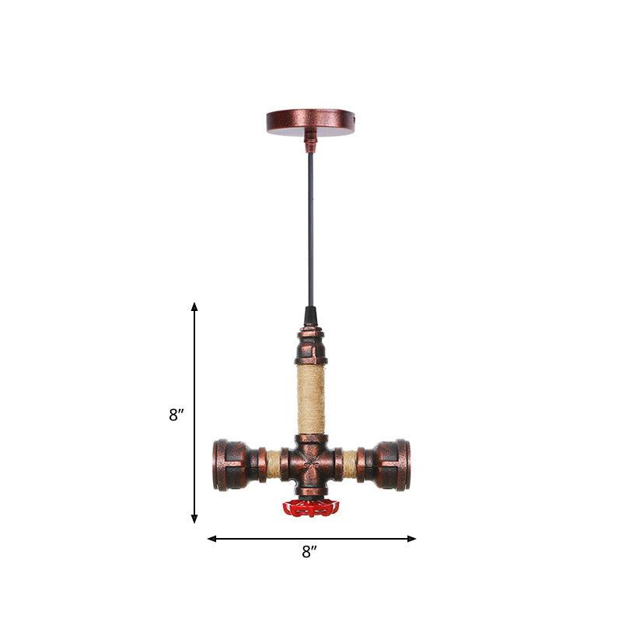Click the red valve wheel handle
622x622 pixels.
pos(311,508)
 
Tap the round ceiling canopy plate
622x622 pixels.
pos(310,121)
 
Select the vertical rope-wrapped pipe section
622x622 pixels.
pos(311,400)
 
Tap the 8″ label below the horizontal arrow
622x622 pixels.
pos(310,553)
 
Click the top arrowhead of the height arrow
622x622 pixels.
pos(194,307)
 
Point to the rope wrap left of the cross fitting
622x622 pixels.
pos(274,464)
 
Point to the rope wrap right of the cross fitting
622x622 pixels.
pos(349,464)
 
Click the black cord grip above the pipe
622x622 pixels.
pos(311,316)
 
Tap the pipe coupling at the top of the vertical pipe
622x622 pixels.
pos(311,347)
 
